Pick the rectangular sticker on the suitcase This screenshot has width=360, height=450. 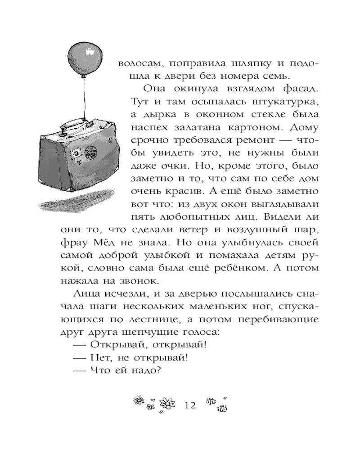74,153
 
